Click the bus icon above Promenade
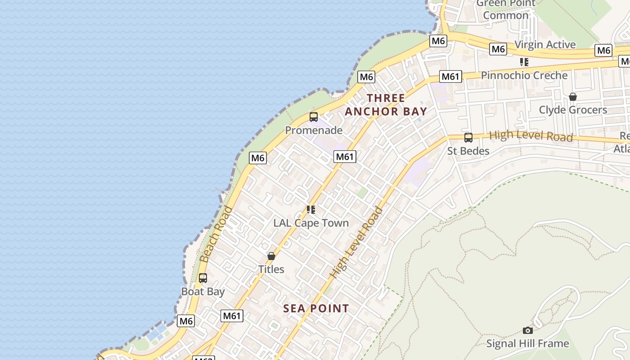pyautogui.click(x=314, y=117)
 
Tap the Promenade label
pyautogui.click(x=314, y=130)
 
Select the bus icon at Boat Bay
pyautogui.click(x=203, y=278)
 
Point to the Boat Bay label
pyautogui.click(x=203, y=292)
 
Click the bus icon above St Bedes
pyautogui.click(x=468, y=138)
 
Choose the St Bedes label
pyautogui.click(x=468, y=151)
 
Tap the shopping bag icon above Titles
pyautogui.click(x=271, y=256)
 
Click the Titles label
pyautogui.click(x=271, y=270)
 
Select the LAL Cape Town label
pyautogui.click(x=311, y=223)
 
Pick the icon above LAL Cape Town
pyautogui.click(x=311, y=210)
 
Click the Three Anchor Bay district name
pyautogui.click(x=386, y=105)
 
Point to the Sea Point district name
pyautogui.click(x=316, y=309)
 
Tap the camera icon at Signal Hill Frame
pyautogui.click(x=528, y=331)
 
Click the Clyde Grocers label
pyautogui.click(x=573, y=110)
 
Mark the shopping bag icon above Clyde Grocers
pyautogui.click(x=573, y=97)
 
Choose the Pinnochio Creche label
pyautogui.click(x=524, y=76)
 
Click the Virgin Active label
pyautogui.click(x=545, y=45)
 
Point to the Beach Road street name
pyautogui.click(x=216, y=234)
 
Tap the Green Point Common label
pyautogui.click(x=506, y=9)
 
